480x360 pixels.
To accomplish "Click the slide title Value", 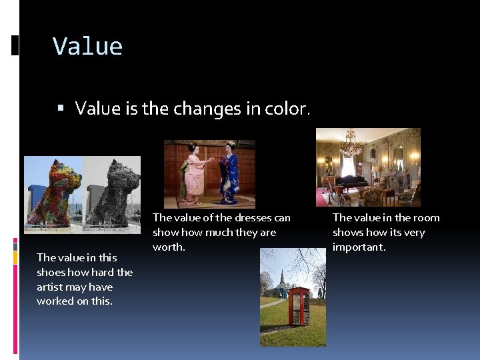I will coord(87,47).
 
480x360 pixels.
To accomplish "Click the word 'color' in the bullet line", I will coord(287,108).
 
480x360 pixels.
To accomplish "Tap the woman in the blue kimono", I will coord(230,173).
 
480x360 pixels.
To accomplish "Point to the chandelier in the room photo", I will coord(351,143).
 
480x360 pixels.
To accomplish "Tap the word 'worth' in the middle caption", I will coord(167,247).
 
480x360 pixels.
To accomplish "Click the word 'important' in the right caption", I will coord(358,247).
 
